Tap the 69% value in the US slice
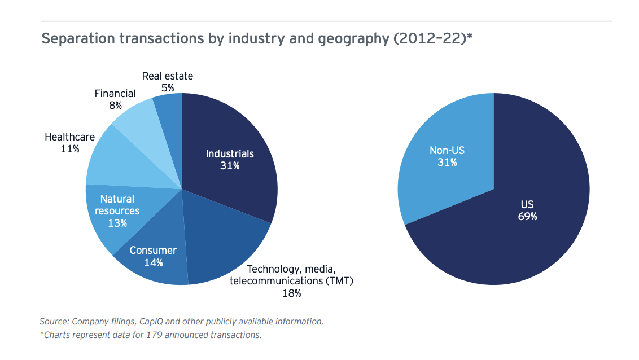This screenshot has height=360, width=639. pos(527,216)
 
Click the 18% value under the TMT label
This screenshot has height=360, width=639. pos(291,293)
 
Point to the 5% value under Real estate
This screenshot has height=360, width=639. pos(167,87)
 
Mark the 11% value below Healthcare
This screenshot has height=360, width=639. pos(69,149)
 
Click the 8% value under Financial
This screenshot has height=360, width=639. pos(115,106)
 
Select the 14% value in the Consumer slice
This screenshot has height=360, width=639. pos(153,262)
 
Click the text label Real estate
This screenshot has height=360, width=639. pos(167,76)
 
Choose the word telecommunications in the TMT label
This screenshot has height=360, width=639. pos(273,280)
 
